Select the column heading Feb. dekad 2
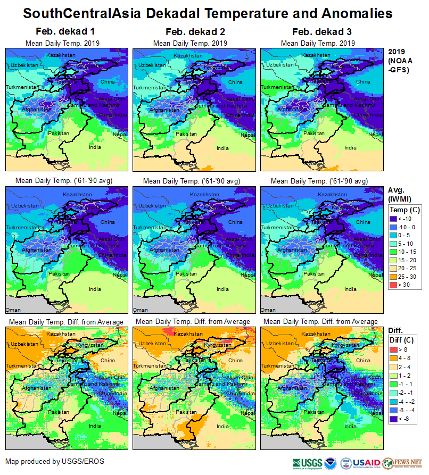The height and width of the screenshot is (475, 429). click(x=191, y=32)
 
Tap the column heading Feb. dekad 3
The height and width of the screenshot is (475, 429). click(x=319, y=32)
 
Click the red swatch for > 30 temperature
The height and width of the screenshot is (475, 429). click(x=394, y=285)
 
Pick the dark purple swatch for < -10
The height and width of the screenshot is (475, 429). click(x=394, y=219)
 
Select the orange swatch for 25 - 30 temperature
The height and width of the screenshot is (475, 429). click(x=394, y=277)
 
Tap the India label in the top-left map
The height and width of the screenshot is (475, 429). click(x=95, y=147)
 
